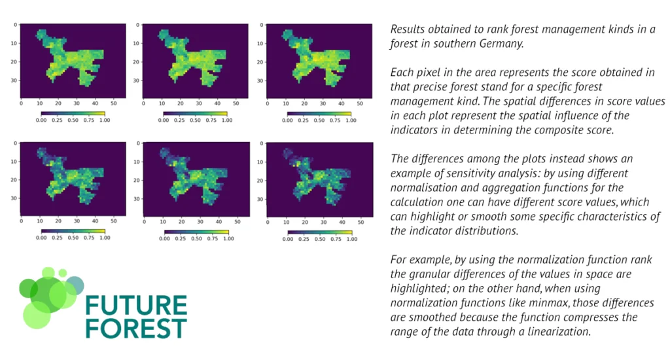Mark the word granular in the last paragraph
pyautogui.click(x=440, y=274)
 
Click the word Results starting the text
pyautogui.click(x=408, y=29)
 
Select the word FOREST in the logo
pyautogui.click(x=136, y=328)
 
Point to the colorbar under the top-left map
pyautogui.click(x=72, y=113)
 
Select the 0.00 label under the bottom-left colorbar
pyautogui.click(x=41, y=239)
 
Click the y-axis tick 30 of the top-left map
pyautogui.click(x=15, y=80)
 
